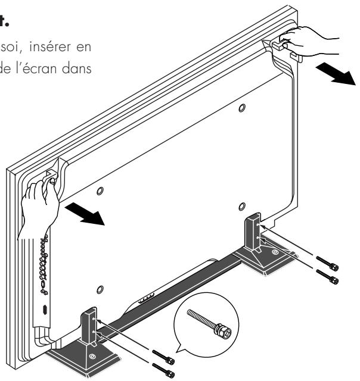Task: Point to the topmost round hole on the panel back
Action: pyautogui.click(x=240, y=108)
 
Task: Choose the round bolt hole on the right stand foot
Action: pyautogui.click(x=274, y=252)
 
